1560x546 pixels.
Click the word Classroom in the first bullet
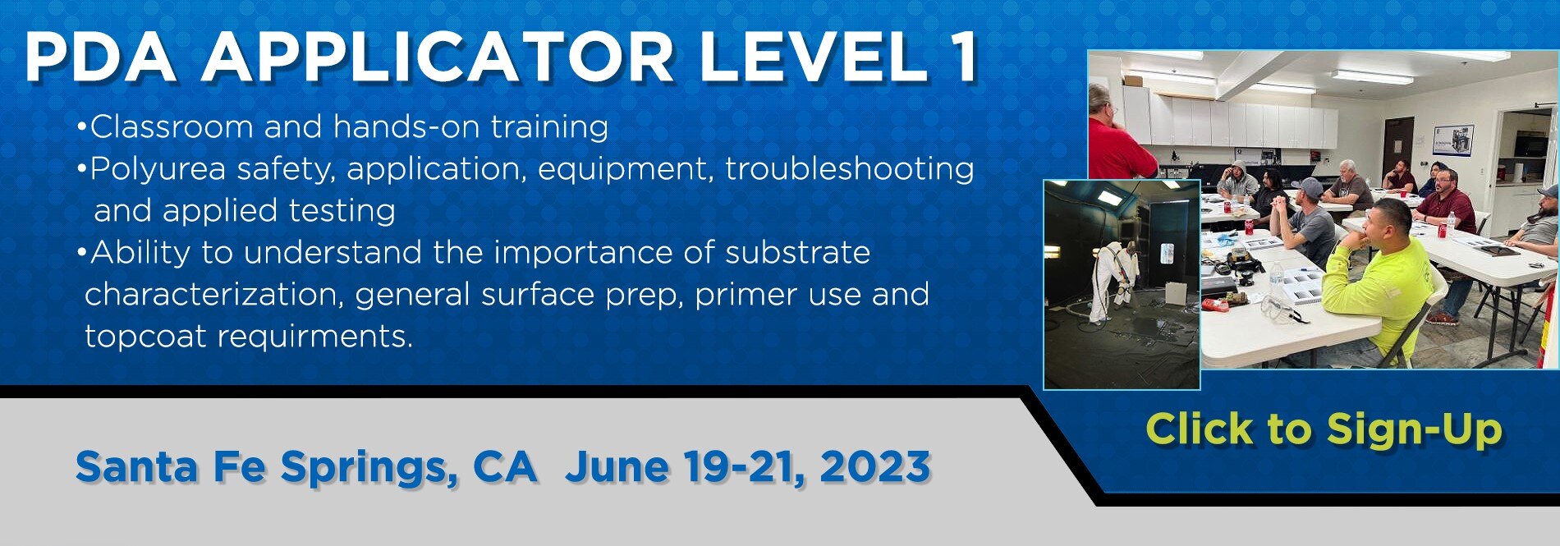[172, 127]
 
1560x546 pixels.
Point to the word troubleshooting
[850, 169]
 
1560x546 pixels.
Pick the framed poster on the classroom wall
[1452, 140]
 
